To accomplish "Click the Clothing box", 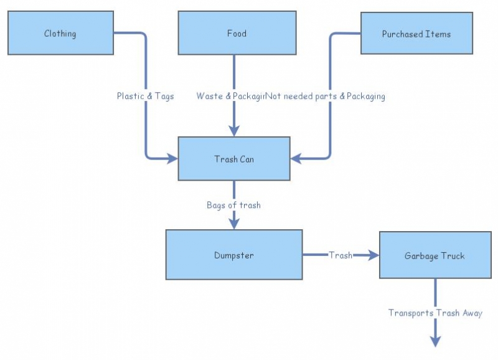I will coord(60,33).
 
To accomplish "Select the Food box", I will coord(236,33).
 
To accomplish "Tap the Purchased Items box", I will coord(416,34).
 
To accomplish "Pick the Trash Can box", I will coord(234,159).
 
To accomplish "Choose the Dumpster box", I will coord(233,255).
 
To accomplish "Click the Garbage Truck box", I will coord(435,255).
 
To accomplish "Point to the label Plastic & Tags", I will coord(145,96).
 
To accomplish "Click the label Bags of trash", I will coord(233,205).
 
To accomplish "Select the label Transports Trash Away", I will coord(435,313).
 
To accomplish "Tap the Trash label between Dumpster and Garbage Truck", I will coord(341,255).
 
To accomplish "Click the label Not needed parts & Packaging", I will coord(326,96).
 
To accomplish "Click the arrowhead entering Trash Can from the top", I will coord(234,131).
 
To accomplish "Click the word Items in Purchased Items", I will coord(438,34).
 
